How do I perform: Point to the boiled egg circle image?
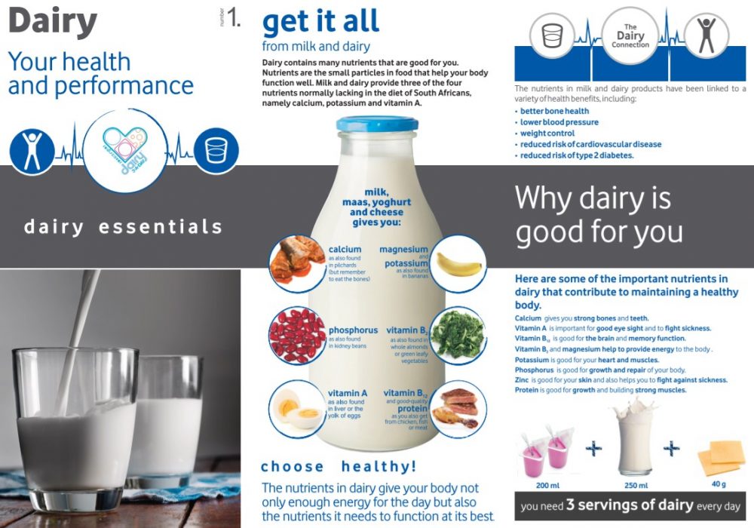pyautogui.click(x=297, y=409)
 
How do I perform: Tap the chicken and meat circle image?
pyautogui.click(x=458, y=409)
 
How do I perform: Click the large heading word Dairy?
pyautogui.click(x=53, y=22)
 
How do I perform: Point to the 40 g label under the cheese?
pyautogui.click(x=719, y=483)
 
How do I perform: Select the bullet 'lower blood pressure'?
pyautogui.click(x=559, y=122)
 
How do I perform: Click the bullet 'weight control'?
pyautogui.click(x=547, y=134)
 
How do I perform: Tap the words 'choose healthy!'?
pyautogui.click(x=339, y=466)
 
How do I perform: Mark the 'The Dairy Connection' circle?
pyautogui.click(x=630, y=35)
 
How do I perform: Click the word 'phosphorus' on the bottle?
pyautogui.click(x=353, y=330)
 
